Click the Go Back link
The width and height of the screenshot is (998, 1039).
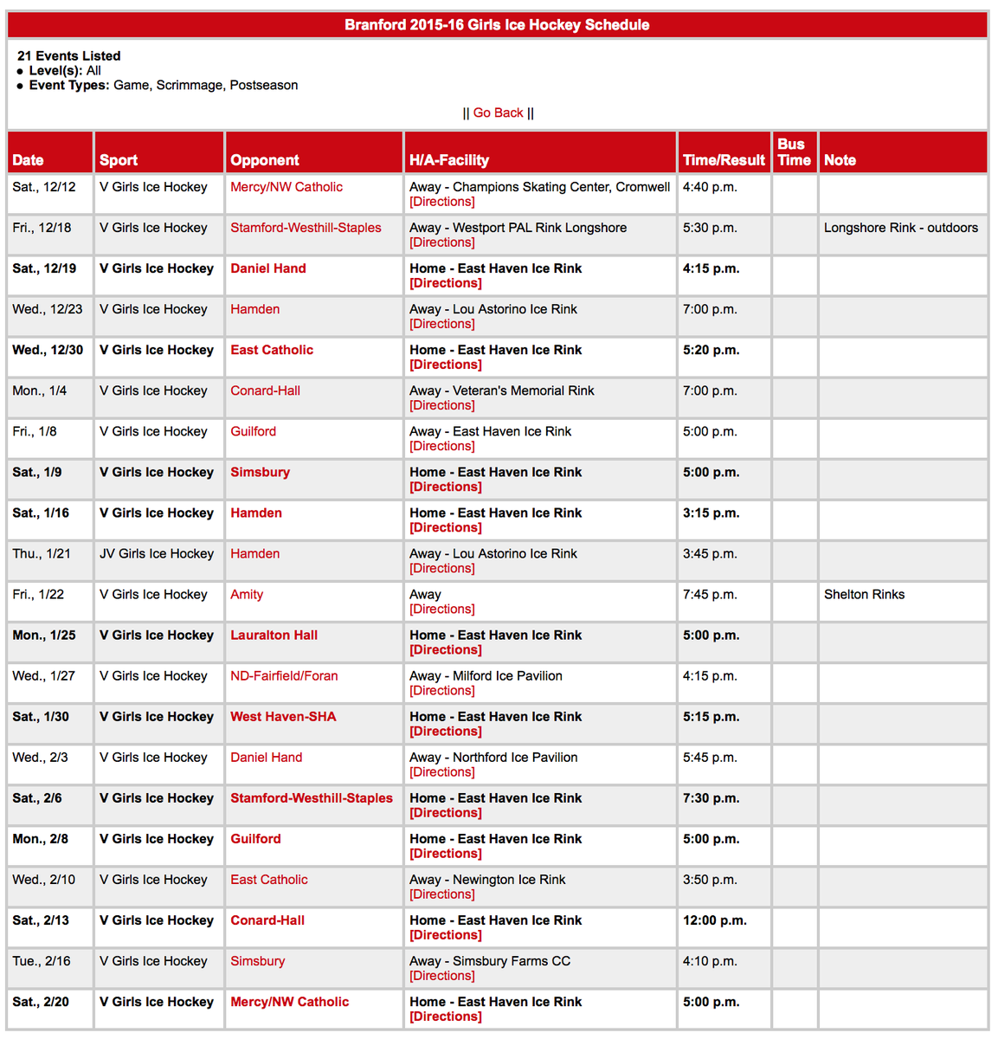tap(498, 113)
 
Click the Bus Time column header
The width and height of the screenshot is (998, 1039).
tap(794, 152)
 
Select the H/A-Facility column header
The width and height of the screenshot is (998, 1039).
tap(449, 160)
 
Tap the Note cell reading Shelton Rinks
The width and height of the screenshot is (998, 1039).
tap(864, 595)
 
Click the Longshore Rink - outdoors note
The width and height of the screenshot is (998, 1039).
tap(900, 228)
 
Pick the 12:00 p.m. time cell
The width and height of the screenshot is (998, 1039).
tap(714, 920)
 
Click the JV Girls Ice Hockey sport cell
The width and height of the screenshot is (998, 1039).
tap(157, 554)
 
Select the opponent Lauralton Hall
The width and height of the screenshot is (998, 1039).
tap(274, 636)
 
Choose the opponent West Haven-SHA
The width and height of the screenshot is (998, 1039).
tap(283, 717)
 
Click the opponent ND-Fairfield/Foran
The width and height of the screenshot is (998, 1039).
tap(284, 676)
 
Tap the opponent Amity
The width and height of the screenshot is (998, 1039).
tap(247, 595)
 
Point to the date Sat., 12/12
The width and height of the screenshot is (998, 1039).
tap(44, 187)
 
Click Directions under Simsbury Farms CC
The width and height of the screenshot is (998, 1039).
tap(442, 976)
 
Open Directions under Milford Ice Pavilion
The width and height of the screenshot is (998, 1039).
tap(442, 691)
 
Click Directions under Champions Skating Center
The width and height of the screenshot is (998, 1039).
tap(442, 202)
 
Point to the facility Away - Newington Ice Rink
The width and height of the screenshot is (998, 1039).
tap(487, 880)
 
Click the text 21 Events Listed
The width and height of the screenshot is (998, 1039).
tap(69, 56)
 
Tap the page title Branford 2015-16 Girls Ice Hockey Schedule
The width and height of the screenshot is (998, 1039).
tap(497, 25)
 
